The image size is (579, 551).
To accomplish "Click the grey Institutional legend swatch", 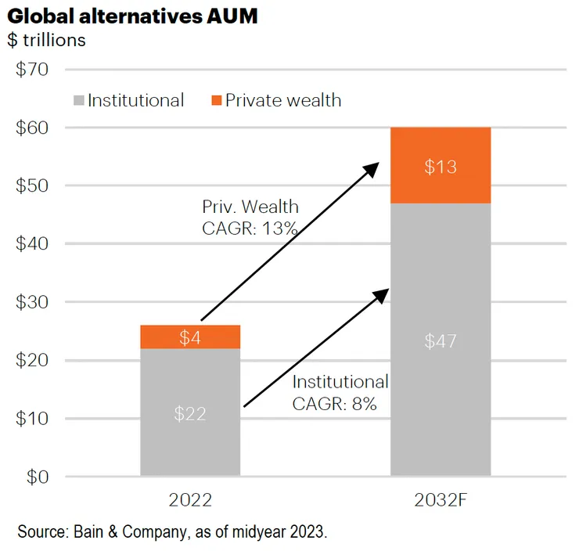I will tap(77, 100).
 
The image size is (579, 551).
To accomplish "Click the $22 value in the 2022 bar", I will tap(190, 413).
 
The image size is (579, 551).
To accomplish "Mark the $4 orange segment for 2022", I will tap(190, 337).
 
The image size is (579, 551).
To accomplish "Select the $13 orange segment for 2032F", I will tap(441, 166).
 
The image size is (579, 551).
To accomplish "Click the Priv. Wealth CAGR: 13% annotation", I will tap(250, 218).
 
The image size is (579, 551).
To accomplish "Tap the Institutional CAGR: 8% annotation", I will tap(340, 393).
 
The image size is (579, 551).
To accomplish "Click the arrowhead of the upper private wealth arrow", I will tap(374, 167).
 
